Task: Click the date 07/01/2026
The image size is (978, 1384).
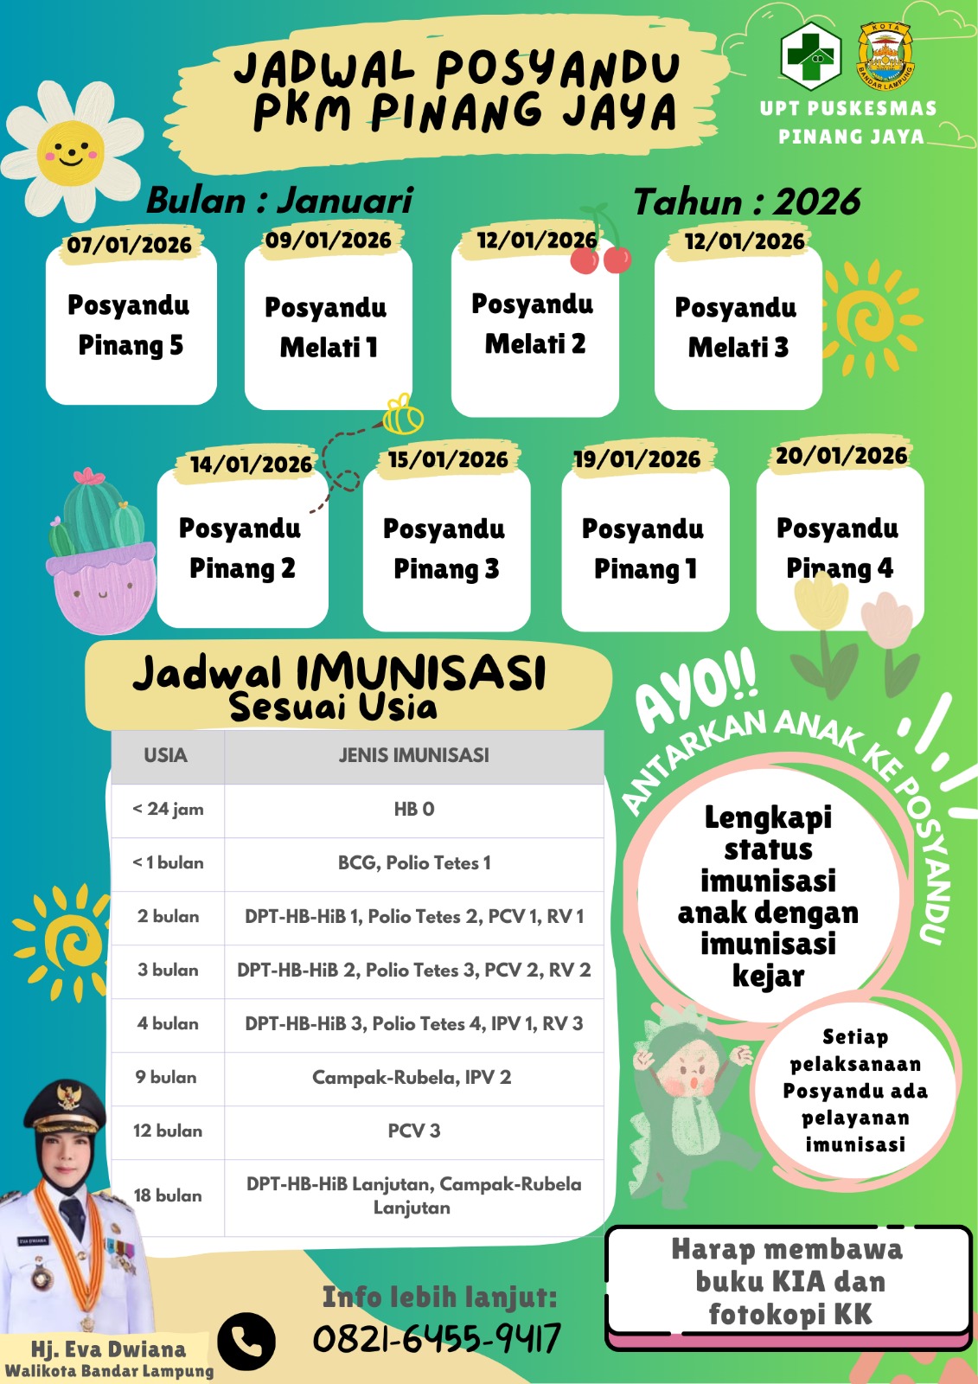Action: (130, 245)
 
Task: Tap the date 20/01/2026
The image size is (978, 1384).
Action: (841, 456)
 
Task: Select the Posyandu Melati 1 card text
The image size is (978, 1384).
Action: (327, 327)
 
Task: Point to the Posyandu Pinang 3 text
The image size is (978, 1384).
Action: (445, 548)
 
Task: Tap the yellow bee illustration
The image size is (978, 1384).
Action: (403, 415)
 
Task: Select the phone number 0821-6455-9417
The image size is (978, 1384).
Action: (437, 1339)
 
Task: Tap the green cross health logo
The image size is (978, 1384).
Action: (810, 54)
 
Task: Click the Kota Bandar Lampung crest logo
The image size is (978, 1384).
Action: (885, 56)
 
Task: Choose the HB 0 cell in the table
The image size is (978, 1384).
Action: (413, 810)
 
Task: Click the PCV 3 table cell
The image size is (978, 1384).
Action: (413, 1131)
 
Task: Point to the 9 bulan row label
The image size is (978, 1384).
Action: (166, 1078)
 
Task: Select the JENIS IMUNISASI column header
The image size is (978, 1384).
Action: (413, 756)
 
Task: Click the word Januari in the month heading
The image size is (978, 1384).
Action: (345, 201)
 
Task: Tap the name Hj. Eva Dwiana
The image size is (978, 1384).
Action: (108, 1349)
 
